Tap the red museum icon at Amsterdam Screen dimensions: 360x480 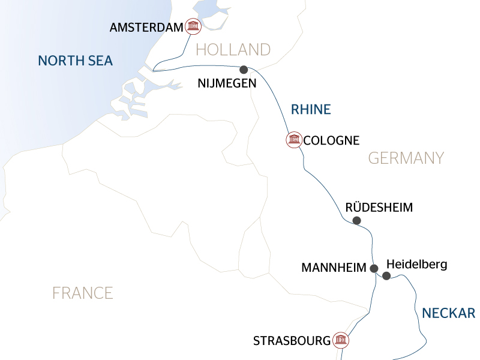[193, 26]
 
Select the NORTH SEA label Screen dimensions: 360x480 [75, 61]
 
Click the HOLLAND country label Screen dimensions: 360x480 [233, 49]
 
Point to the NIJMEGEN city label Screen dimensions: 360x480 [227, 83]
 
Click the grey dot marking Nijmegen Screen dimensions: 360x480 [244, 70]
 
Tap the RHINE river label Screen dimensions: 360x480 [311, 109]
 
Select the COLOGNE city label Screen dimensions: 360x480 [331, 141]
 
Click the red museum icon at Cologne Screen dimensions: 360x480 [293, 140]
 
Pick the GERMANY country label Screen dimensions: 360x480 [406, 158]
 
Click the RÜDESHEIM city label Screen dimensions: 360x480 [379, 208]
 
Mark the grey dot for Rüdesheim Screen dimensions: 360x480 [356, 221]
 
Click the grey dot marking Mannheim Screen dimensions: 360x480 [374, 268]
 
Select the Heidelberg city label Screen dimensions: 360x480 [417, 264]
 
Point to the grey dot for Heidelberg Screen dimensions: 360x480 [386, 276]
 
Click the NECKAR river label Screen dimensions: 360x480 [448, 313]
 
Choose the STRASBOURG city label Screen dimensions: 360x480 [292, 341]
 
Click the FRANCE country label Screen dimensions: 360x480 [82, 293]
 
